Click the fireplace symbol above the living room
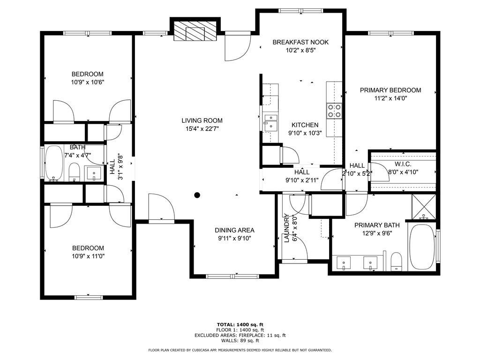[195, 30]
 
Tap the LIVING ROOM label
[202, 120]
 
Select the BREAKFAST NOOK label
[300, 42]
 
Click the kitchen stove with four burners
[334, 111]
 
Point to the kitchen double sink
[270, 123]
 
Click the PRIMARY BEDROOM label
[390, 90]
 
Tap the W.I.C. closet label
[403, 165]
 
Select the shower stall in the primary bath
[424, 207]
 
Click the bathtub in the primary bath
[422, 247]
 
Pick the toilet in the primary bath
[396, 262]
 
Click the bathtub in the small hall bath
[54, 163]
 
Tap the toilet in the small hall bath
[74, 172]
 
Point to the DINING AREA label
[234, 230]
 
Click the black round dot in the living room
[197, 195]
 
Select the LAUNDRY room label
[287, 228]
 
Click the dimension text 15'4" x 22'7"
[202, 129]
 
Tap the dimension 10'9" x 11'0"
[88, 256]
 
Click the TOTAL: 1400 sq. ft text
[240, 324]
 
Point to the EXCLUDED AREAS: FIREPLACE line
[240, 335]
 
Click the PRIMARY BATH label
[377, 225]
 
